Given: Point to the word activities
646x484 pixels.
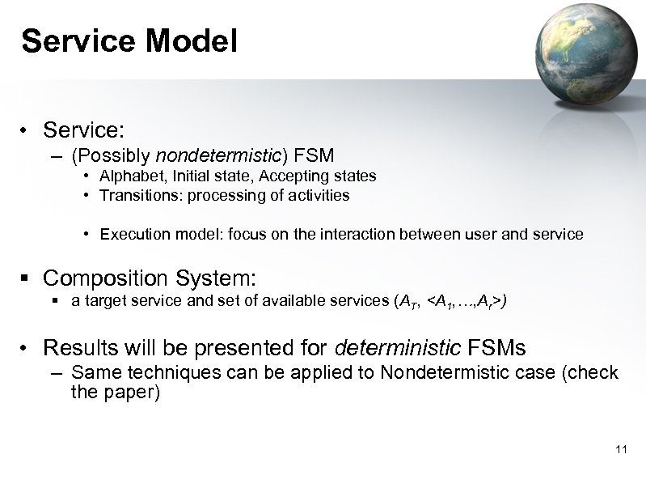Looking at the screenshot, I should pos(320,195).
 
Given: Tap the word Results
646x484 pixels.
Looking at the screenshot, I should pos(79,348).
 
